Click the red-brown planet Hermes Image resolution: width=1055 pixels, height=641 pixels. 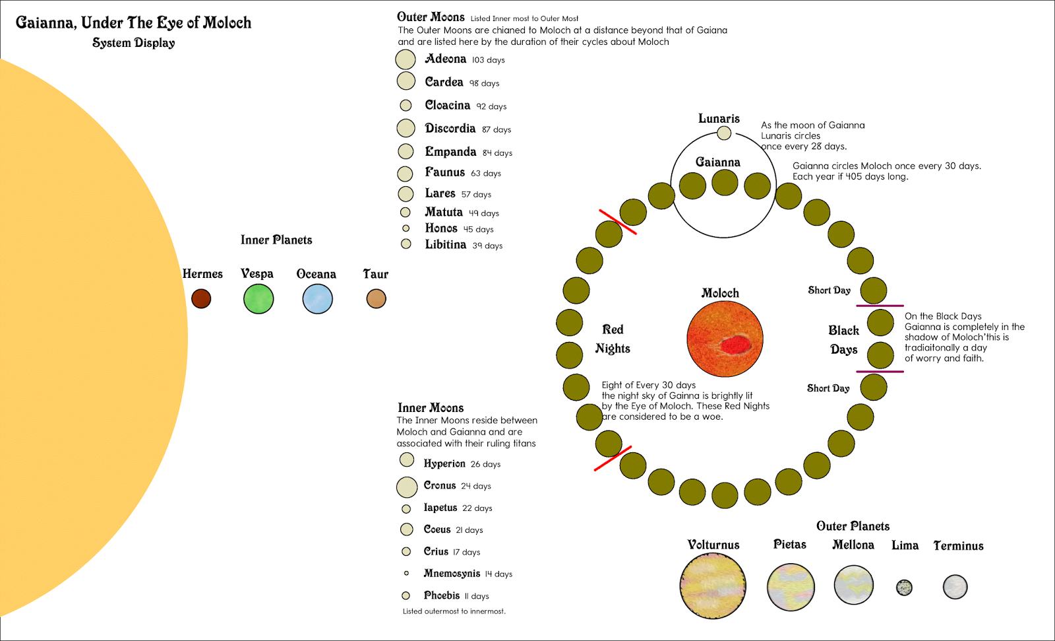pyautogui.click(x=201, y=298)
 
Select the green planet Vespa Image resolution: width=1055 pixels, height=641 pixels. pyautogui.click(x=258, y=299)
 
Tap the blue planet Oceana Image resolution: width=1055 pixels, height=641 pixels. pyautogui.click(x=318, y=299)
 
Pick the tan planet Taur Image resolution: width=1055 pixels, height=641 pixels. pyautogui.click(x=376, y=298)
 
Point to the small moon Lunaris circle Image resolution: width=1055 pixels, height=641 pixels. pyautogui.click(x=724, y=133)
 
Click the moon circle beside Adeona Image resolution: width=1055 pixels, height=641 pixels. pyautogui.click(x=406, y=59)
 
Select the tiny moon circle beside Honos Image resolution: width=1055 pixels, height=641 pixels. pyautogui.click(x=406, y=228)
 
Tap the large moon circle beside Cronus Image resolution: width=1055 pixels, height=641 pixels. pyautogui.click(x=407, y=487)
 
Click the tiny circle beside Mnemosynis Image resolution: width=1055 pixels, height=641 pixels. pyautogui.click(x=406, y=573)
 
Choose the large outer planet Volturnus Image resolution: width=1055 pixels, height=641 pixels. pyautogui.click(x=713, y=586)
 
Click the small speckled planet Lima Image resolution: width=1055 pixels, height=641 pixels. pyautogui.click(x=905, y=587)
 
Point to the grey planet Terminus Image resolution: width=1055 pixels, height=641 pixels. pyautogui.click(x=955, y=586)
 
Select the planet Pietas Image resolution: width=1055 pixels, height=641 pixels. pyautogui.click(x=791, y=587)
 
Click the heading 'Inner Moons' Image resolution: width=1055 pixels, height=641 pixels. pyautogui.click(x=431, y=408)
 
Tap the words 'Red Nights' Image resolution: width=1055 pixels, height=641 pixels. pyautogui.click(x=613, y=339)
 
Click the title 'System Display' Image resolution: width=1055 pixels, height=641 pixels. pyautogui.click(x=134, y=43)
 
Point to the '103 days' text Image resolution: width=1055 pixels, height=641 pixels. pyautogui.click(x=489, y=60)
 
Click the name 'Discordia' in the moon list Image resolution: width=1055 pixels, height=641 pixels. pyautogui.click(x=450, y=128)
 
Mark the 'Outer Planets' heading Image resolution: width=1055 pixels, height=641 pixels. pyautogui.click(x=853, y=526)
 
